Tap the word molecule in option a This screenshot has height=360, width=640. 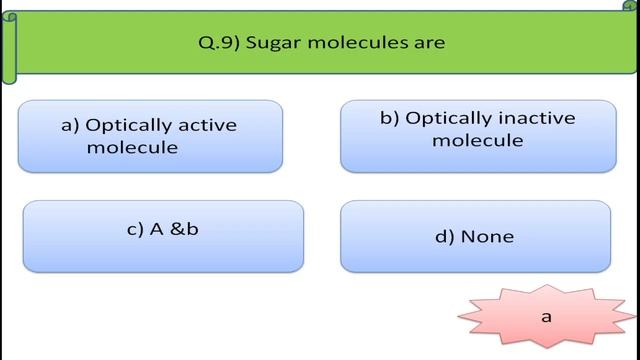[132, 147]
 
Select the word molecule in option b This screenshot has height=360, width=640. [478, 140]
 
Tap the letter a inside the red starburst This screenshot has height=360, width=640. [547, 316]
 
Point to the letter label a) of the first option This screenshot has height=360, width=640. [70, 126]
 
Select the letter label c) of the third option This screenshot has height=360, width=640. [135, 228]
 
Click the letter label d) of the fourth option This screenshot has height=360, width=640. [444, 237]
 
